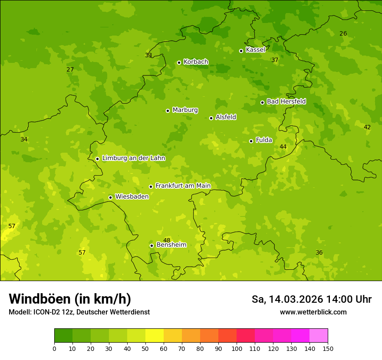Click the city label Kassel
coord(255,50)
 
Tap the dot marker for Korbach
coord(179,62)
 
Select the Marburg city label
coord(185,110)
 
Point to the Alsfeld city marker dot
coord(211,118)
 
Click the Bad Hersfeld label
coord(286,101)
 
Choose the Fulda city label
coord(264,140)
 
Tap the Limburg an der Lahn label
coord(133,158)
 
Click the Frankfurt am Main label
coord(183,186)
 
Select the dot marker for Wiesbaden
coord(110,197)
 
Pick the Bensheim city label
coord(171,245)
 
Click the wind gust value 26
coord(343,33)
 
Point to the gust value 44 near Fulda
coord(283,147)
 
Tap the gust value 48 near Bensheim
coord(167,240)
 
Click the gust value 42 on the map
coord(367,127)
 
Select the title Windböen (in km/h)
coord(70,299)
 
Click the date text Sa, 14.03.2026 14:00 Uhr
coord(311,299)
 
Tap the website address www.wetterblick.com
coord(313,312)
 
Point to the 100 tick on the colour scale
coord(237,349)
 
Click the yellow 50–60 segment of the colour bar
coord(155,336)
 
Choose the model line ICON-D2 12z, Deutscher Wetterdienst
coord(79,312)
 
